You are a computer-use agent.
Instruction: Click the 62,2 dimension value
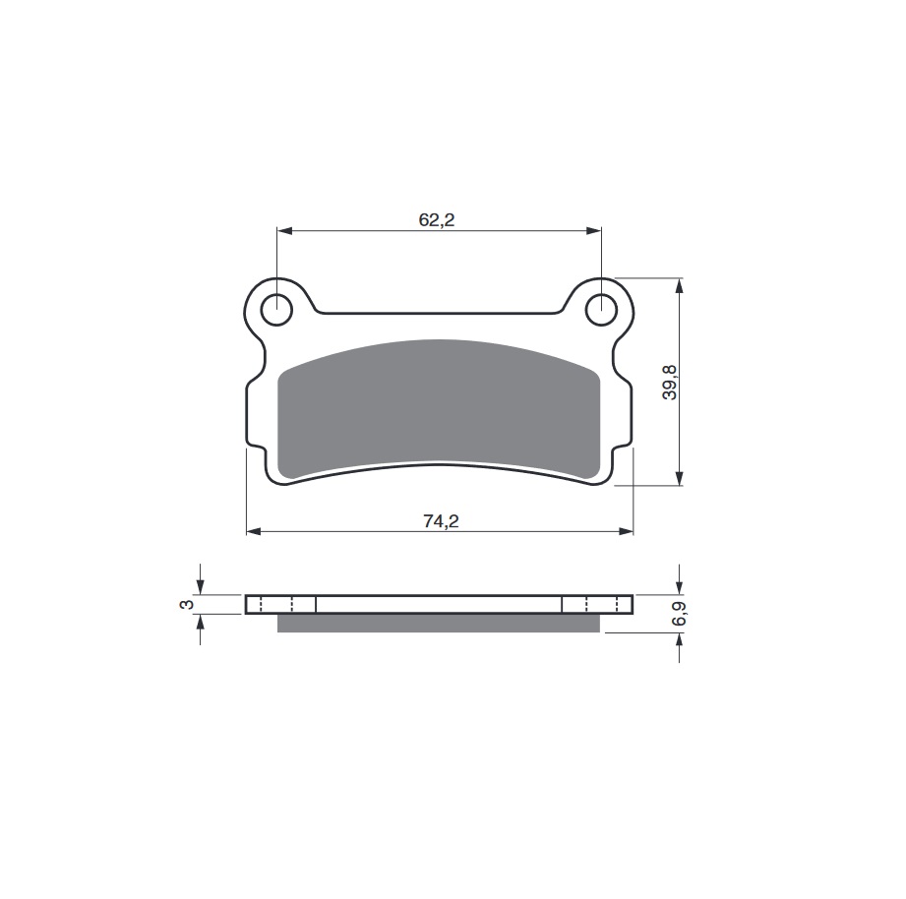click(436, 219)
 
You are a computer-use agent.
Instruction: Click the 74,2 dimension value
click(441, 521)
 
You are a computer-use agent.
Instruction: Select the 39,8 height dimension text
click(670, 382)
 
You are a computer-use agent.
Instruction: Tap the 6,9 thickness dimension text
click(680, 613)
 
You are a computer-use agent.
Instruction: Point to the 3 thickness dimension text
click(187, 604)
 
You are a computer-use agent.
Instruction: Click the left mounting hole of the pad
click(276, 310)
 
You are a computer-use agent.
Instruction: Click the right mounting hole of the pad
click(601, 310)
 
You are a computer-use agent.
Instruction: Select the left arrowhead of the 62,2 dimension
click(284, 231)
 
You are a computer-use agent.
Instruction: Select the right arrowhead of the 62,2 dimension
click(594, 231)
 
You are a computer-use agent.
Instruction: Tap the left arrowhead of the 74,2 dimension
click(254, 531)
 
